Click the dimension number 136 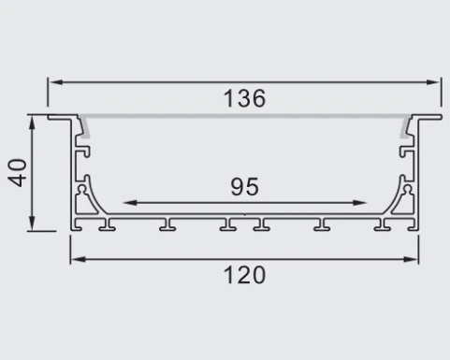[x=245, y=98]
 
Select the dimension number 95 [x=245, y=187]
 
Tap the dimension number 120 [x=245, y=275]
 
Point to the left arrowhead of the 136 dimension [x=54, y=82]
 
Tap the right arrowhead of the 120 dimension [x=413, y=258]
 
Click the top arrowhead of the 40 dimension [x=34, y=121]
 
